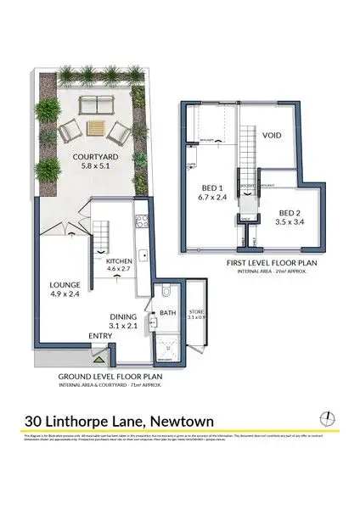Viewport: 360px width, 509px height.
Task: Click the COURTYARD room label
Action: tap(95, 156)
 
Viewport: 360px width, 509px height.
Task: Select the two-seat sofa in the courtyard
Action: tap(98, 105)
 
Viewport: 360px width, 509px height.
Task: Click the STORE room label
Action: tap(197, 311)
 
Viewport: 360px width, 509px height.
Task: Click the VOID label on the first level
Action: tap(272, 134)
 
